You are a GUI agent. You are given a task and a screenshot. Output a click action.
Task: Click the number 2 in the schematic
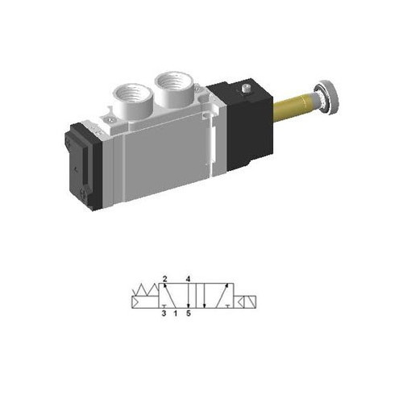(x=164, y=279)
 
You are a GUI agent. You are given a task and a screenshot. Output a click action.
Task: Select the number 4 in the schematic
(x=188, y=279)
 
